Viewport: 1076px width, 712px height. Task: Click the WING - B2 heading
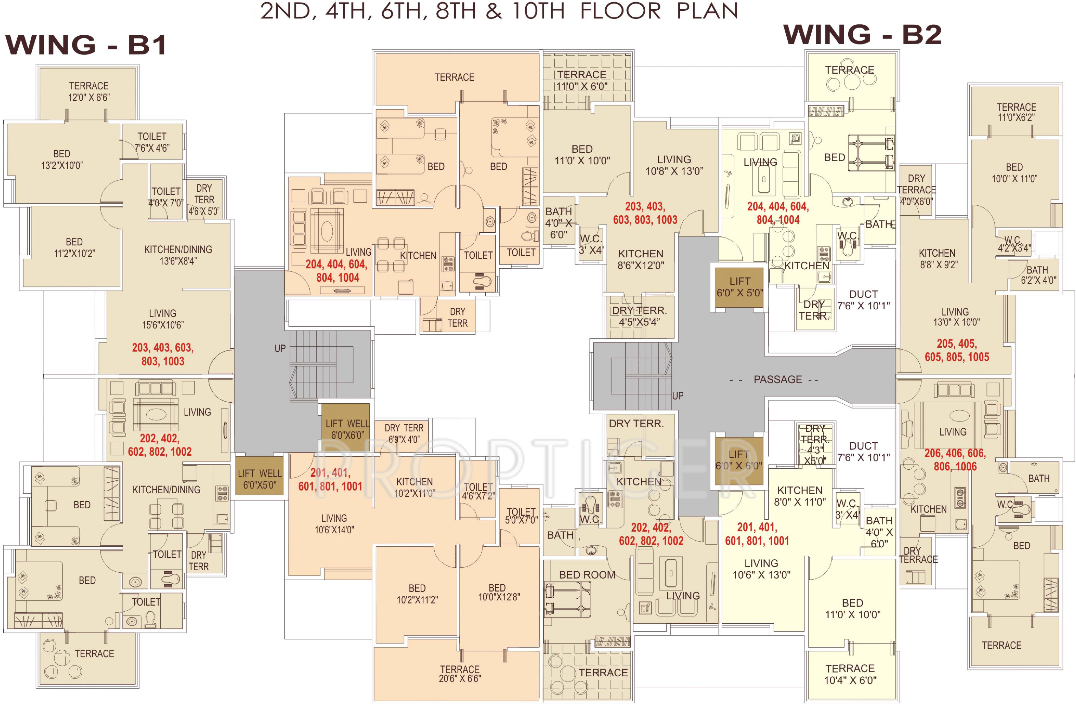pyautogui.click(x=862, y=35)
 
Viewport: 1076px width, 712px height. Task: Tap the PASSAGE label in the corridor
pyautogui.click(x=778, y=379)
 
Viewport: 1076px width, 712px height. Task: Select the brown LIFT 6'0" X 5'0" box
pyautogui.click(x=739, y=287)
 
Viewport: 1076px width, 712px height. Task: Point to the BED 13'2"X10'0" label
pyautogui.click(x=62, y=159)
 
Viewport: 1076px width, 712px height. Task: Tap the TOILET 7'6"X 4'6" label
pyautogui.click(x=152, y=142)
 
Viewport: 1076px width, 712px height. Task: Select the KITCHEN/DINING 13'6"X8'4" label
pyautogui.click(x=178, y=255)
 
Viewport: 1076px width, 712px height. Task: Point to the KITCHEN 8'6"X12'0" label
pyautogui.click(x=641, y=259)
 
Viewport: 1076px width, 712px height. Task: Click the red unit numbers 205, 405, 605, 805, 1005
pyautogui.click(x=957, y=350)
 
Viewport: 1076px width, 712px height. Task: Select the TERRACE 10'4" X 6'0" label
pyautogui.click(x=850, y=674)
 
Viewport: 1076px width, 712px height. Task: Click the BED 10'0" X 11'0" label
pyautogui.click(x=1014, y=173)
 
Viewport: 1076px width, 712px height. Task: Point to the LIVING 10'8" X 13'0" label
pyautogui.click(x=674, y=165)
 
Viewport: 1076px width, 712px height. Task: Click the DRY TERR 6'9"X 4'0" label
pyautogui.click(x=404, y=434)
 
